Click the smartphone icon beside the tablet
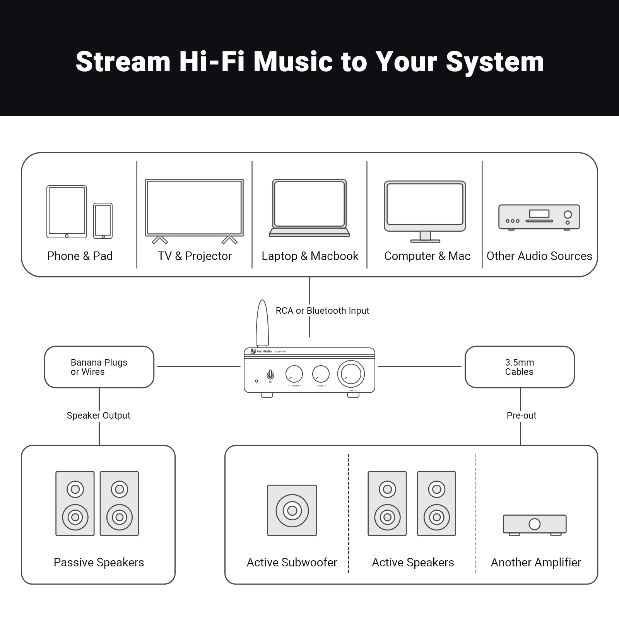103,221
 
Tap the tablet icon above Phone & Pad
67,212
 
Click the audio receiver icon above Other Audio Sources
539,217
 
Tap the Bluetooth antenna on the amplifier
262,323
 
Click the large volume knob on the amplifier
351,374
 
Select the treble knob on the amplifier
294,374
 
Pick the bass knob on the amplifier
321,374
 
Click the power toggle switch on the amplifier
270,374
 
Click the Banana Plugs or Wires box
99,367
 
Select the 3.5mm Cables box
519,367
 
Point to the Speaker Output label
98,416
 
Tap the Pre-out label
521,416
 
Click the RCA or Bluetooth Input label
322,311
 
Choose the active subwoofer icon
292,510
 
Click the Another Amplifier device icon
535,525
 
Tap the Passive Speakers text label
99,562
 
